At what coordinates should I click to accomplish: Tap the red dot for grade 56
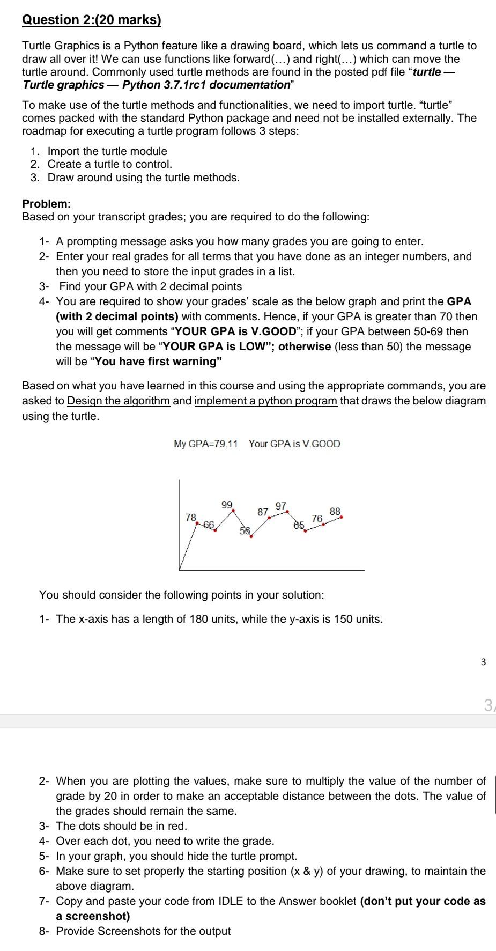coord(251,535)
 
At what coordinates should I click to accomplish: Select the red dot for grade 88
coord(342,517)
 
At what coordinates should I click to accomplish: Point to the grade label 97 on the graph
coord(281,506)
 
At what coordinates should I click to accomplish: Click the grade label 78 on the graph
coord(190,517)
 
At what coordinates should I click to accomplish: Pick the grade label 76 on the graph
coord(317,518)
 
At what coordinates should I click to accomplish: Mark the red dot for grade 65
coord(305,530)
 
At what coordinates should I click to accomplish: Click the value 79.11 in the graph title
coord(226,444)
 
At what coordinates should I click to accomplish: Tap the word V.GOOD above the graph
coord(322,444)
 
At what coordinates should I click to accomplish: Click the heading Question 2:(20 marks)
coord(91,20)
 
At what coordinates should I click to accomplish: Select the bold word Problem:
coord(47,204)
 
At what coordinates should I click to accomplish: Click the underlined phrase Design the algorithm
coord(119,401)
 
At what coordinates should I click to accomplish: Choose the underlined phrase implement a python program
coord(266,401)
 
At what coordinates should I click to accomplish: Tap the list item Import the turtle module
coord(107,151)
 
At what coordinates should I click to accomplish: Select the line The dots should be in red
coord(121,826)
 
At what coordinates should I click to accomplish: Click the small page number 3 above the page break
coord(483,662)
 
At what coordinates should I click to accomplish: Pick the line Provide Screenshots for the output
coord(143,931)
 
